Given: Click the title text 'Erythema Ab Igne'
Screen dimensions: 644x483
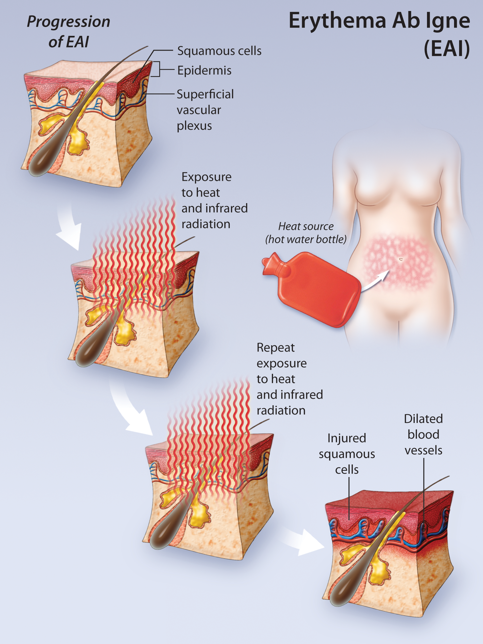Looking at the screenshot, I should pos(379,21).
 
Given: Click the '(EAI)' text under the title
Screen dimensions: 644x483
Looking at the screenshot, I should pos(447,49).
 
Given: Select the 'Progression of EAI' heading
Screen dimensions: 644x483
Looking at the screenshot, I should pos(69,31).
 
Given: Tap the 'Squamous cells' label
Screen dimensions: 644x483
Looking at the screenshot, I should pos(219,51).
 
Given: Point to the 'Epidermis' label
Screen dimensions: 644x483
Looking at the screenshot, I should pos(204,70).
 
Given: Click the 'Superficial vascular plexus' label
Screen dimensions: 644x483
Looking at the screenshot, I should pos(205,110).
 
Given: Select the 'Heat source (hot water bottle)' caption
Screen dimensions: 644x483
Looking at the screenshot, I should pos(306,233).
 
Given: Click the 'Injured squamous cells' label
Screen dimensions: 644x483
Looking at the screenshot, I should pos(347,454).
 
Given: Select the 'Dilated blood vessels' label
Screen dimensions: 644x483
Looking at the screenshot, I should pos(424,435).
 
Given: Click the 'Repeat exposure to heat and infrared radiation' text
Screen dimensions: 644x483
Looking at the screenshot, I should pos(289,379).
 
